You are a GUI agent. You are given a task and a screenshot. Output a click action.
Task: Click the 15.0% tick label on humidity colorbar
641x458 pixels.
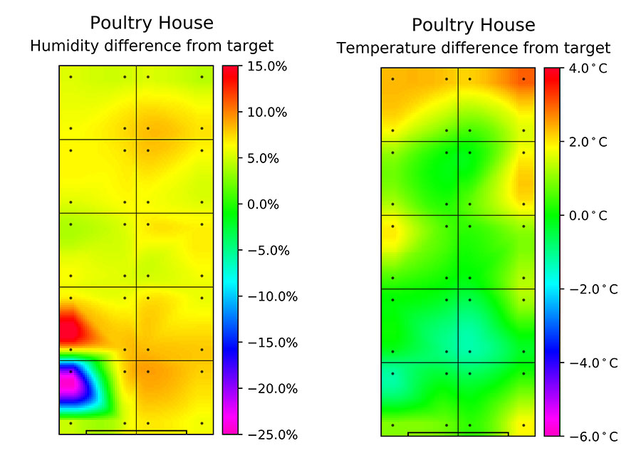click(266, 67)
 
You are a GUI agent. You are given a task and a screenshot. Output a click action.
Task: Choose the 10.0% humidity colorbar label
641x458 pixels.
click(266, 113)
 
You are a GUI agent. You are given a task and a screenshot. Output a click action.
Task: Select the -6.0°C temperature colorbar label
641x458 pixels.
click(585, 436)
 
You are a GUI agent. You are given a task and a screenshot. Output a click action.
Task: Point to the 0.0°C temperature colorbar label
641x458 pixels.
click(588, 216)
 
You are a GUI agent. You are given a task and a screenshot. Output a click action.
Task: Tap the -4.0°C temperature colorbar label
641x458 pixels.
click(585, 363)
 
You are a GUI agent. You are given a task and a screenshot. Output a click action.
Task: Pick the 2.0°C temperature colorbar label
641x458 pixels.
click(588, 142)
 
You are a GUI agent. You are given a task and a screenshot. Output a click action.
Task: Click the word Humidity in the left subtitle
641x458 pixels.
click(63, 46)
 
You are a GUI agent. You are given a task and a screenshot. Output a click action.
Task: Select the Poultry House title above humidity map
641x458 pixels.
click(152, 23)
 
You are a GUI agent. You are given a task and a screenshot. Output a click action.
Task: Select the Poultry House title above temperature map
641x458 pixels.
click(474, 25)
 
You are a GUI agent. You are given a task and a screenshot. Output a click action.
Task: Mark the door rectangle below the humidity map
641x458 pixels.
click(136, 432)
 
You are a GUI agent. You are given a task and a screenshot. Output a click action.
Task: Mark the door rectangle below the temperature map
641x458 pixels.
click(458, 433)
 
